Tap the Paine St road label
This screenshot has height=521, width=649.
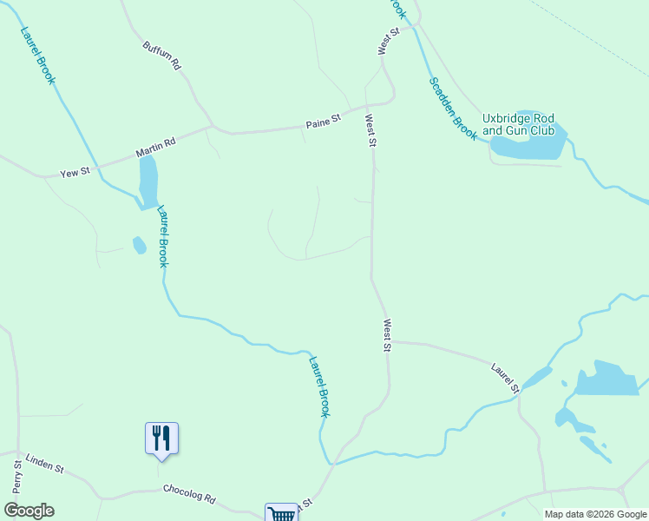pyautogui.click(x=324, y=124)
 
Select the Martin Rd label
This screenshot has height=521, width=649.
pyautogui.click(x=155, y=147)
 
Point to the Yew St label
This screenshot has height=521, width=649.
pyautogui.click(x=75, y=173)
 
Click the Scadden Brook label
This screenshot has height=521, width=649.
pyautogui.click(x=453, y=108)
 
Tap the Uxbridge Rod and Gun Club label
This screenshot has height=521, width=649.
pyautogui.click(x=518, y=124)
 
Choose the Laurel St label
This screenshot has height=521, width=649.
pyautogui.click(x=504, y=376)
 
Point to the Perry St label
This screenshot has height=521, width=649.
pyautogui.click(x=17, y=477)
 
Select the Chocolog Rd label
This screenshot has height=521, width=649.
pyautogui.click(x=188, y=493)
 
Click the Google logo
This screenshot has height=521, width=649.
pyautogui.click(x=29, y=511)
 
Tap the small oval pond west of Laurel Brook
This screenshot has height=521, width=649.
pyautogui.click(x=139, y=246)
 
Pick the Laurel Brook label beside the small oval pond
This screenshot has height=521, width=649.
pyautogui.click(x=162, y=236)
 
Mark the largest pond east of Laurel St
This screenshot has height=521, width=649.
pyautogui.click(x=607, y=379)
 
